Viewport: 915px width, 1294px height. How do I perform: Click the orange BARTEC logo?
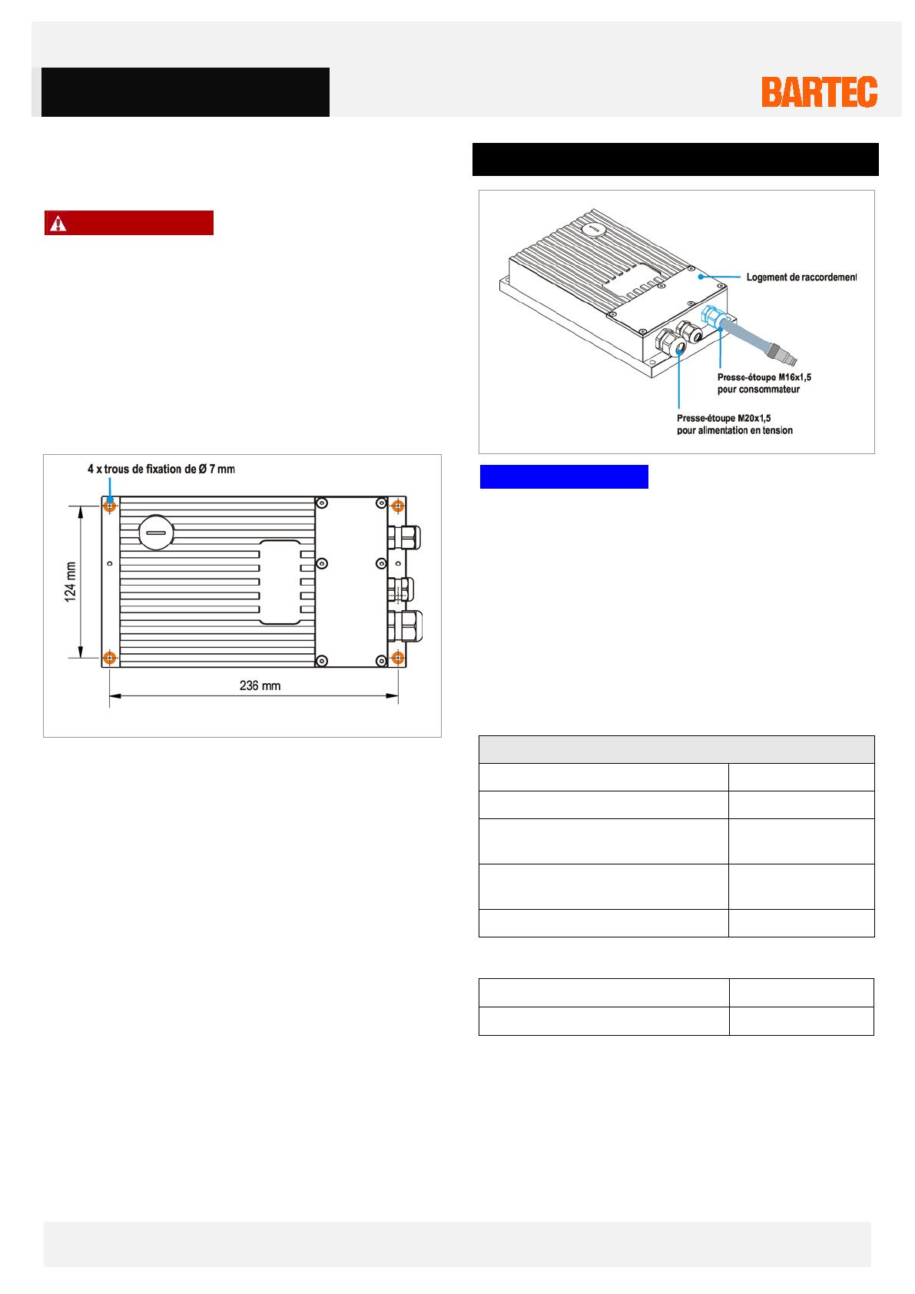point(819,92)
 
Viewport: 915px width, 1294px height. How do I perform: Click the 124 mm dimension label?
point(71,582)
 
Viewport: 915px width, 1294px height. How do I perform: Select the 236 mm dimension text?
point(260,685)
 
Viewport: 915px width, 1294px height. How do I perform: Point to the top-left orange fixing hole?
point(110,506)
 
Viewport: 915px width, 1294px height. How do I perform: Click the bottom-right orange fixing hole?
point(397,658)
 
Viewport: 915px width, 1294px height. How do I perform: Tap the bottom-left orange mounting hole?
point(110,658)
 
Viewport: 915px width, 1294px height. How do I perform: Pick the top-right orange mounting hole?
point(397,506)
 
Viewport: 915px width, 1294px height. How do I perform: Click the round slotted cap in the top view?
point(156,532)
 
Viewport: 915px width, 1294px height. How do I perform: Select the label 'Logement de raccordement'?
point(801,277)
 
